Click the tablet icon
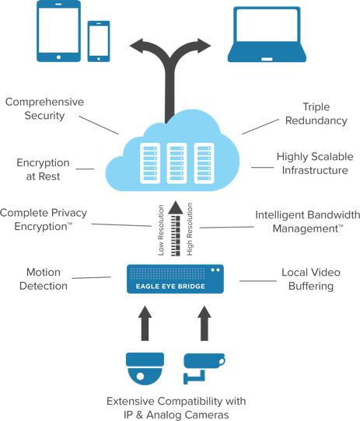pyautogui.click(x=58, y=31)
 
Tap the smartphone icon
pyautogui.click(x=99, y=41)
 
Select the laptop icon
pyautogui.click(x=267, y=34)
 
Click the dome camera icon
pyautogui.click(x=145, y=369)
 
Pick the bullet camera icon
pyautogui.click(x=204, y=368)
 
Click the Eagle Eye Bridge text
pyautogui.click(x=170, y=287)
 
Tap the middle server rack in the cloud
pyautogui.click(x=177, y=163)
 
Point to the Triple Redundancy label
pyautogui.click(x=316, y=113)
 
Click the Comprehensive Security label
pyautogui.click(x=44, y=109)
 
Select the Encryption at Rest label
pyautogui.click(x=43, y=169)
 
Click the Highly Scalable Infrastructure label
pyautogui.click(x=315, y=163)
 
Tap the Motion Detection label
pyautogui.click(x=44, y=279)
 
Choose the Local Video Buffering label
pyautogui.click(x=311, y=279)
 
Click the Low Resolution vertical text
pyautogui.click(x=161, y=230)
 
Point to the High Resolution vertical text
pyautogui.click(x=190, y=229)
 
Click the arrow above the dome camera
pyautogui.click(x=145, y=323)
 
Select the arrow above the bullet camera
pyautogui.click(x=204, y=323)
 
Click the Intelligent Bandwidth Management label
pyautogui.click(x=308, y=222)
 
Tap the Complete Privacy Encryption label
pyautogui.click(x=44, y=220)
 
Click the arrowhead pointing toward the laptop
pyautogui.click(x=204, y=46)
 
